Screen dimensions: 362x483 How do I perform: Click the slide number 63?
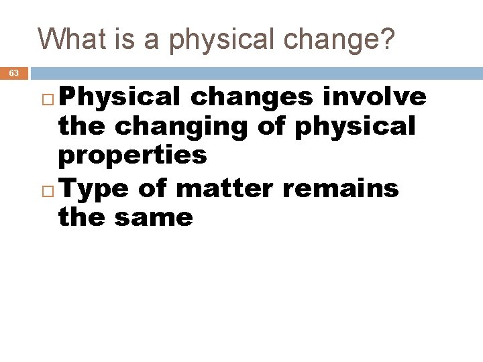click(x=14, y=73)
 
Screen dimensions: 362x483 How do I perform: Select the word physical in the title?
click(x=225, y=40)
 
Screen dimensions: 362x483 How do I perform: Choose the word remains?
click(x=340, y=189)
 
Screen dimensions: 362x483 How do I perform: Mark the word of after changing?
click(x=272, y=126)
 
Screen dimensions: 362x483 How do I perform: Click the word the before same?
click(x=84, y=217)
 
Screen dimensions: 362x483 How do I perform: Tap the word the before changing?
click(x=84, y=126)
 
